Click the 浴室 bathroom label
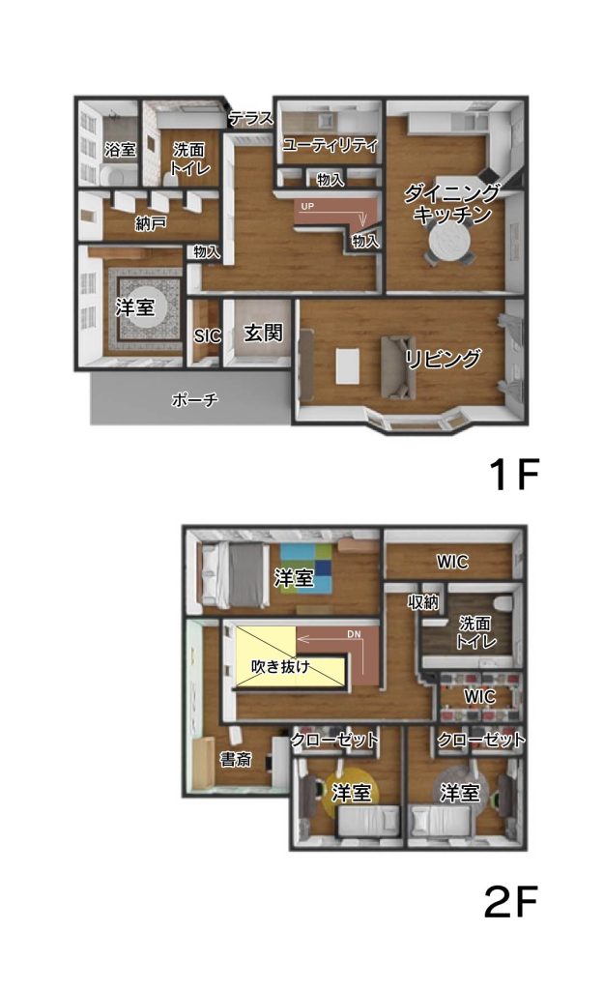120,150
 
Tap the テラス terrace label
251,118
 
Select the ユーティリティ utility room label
330,145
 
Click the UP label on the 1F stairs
307,207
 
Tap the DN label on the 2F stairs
354,634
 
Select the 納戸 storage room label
151,223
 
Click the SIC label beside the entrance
208,335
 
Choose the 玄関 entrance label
263,333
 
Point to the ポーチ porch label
195,399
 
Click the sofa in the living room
397,367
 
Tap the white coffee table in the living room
348,365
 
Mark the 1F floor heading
514,474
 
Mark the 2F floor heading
511,901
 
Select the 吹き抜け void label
280,665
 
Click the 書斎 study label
236,759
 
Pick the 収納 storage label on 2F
423,601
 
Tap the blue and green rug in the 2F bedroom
306,568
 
